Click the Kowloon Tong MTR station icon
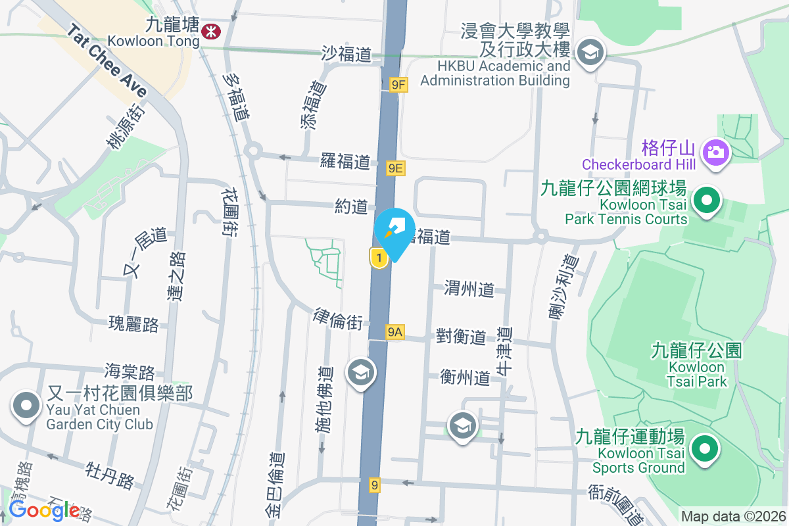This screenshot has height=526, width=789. tap(211, 30)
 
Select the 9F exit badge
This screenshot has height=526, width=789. tap(398, 84)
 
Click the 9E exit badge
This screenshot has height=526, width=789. tap(396, 168)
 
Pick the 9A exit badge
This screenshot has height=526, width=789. tap(394, 333)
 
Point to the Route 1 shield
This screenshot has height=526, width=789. tap(378, 258)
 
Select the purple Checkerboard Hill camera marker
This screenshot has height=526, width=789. tap(713, 153)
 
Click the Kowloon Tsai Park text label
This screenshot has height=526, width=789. tap(697, 366)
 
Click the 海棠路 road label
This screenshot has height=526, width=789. tap(130, 372)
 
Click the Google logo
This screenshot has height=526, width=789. tap(45, 510)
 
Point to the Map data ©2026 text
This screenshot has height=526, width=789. tap(732, 517)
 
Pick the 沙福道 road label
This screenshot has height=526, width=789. tap(347, 53)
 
